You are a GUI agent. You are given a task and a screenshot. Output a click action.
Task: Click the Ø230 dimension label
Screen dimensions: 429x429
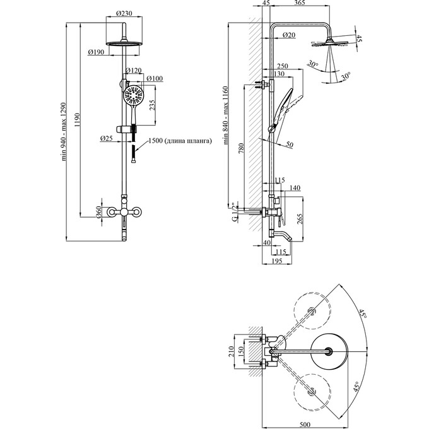(124, 13)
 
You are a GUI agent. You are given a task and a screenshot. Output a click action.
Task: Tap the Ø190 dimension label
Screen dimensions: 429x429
(96, 52)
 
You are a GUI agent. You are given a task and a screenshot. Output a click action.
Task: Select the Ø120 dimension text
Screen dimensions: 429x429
(134, 71)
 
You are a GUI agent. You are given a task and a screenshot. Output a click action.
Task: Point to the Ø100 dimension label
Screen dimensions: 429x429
(155, 78)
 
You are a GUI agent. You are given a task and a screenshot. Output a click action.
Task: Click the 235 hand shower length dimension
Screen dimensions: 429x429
(153, 105)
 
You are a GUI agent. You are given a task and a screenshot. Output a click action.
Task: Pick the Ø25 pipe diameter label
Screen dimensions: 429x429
(107, 138)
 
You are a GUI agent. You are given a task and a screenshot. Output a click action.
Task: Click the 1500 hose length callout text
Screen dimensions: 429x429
(180, 141)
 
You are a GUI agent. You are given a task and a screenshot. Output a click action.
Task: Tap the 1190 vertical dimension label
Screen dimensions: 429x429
(77, 120)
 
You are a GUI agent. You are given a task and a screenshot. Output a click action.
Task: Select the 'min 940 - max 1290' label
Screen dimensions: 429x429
(64, 132)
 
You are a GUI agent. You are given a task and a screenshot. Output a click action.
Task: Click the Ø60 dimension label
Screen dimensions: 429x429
(99, 213)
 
